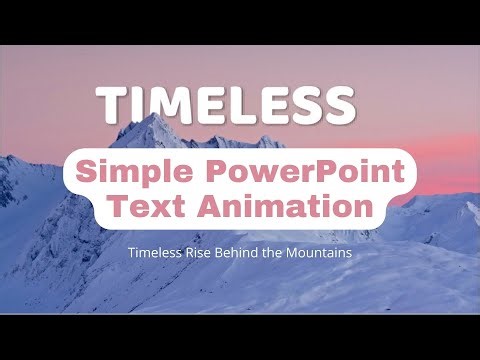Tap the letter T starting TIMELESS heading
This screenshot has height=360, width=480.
[x=112, y=105]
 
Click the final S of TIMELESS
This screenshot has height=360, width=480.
[x=336, y=105]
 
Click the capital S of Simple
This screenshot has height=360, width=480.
[x=90, y=172]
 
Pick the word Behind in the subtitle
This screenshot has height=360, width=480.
[x=240, y=254]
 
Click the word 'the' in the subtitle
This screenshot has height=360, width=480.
[x=278, y=254]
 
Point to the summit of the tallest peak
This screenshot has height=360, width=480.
[x=152, y=117]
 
